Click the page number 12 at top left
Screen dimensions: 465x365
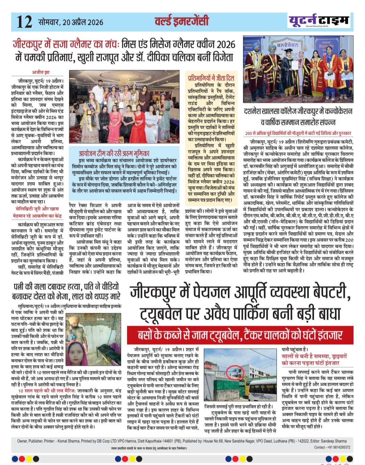coord(24,22)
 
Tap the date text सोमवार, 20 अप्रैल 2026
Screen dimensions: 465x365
coord(71,22)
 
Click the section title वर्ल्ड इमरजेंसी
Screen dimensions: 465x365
coord(181,21)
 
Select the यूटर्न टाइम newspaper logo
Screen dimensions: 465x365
coord(318,21)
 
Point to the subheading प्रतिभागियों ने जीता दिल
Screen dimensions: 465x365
coord(211,78)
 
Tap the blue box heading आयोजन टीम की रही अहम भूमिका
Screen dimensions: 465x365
coord(114,153)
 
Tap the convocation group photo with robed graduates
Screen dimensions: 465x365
coord(298,70)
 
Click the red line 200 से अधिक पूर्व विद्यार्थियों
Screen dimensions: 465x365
coord(298,133)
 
